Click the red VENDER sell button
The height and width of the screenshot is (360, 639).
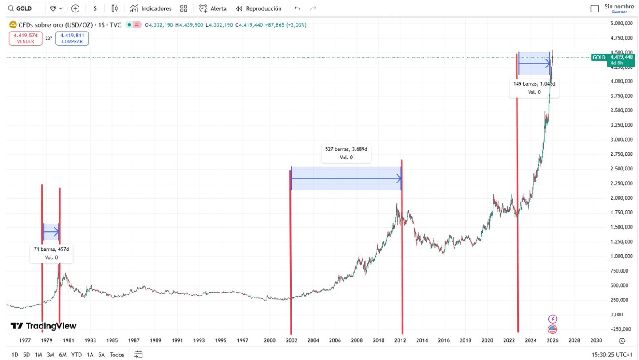click(25, 38)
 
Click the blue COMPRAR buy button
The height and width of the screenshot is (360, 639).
click(72, 38)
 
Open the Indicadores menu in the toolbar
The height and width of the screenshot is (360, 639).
click(151, 8)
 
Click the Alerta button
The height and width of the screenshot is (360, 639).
click(213, 8)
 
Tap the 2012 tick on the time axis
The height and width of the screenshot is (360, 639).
click(400, 340)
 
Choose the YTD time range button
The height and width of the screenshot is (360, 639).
click(76, 355)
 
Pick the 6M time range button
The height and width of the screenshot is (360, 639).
click(63, 355)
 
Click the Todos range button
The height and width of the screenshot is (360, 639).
click(117, 355)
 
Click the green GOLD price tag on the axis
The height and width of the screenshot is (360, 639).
click(599, 57)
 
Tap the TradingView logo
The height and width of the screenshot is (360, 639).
click(43, 326)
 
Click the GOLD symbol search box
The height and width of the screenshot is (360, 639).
click(27, 8)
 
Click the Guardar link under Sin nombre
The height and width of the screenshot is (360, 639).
click(619, 12)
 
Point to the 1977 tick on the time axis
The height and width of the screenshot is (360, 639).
click(25, 340)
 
